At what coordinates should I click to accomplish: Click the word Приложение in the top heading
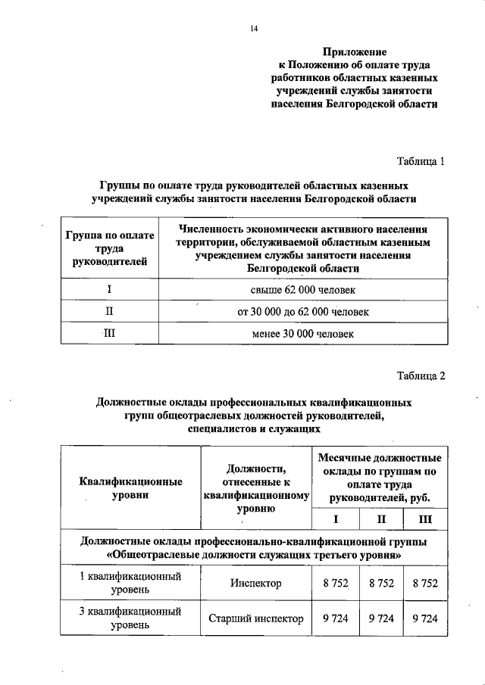[x=355, y=52]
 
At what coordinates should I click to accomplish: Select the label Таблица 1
[x=421, y=161]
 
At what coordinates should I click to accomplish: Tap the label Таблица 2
[x=421, y=376]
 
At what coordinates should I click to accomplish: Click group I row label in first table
[x=110, y=290]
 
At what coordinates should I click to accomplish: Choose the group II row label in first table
[x=110, y=311]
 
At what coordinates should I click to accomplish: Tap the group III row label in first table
[x=110, y=333]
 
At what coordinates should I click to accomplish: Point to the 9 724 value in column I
[x=335, y=618]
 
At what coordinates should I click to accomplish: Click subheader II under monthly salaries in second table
[x=380, y=518]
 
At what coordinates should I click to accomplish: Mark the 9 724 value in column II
[x=380, y=618]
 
